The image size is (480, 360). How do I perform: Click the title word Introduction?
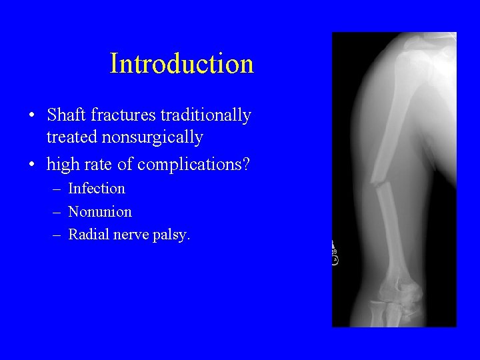[x=181, y=64]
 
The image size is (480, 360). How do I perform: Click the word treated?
[x=69, y=137]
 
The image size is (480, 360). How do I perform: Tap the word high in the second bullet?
[x=61, y=163]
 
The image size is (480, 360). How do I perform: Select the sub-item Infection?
[x=97, y=189]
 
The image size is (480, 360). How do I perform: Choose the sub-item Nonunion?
[x=100, y=212]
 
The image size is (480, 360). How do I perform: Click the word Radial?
[x=88, y=235]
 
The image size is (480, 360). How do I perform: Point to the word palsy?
[x=172, y=235]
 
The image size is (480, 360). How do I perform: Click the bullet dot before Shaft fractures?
[x=32, y=116]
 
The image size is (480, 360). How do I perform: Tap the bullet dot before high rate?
[x=32, y=164]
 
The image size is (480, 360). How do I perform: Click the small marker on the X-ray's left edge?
[x=335, y=254]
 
